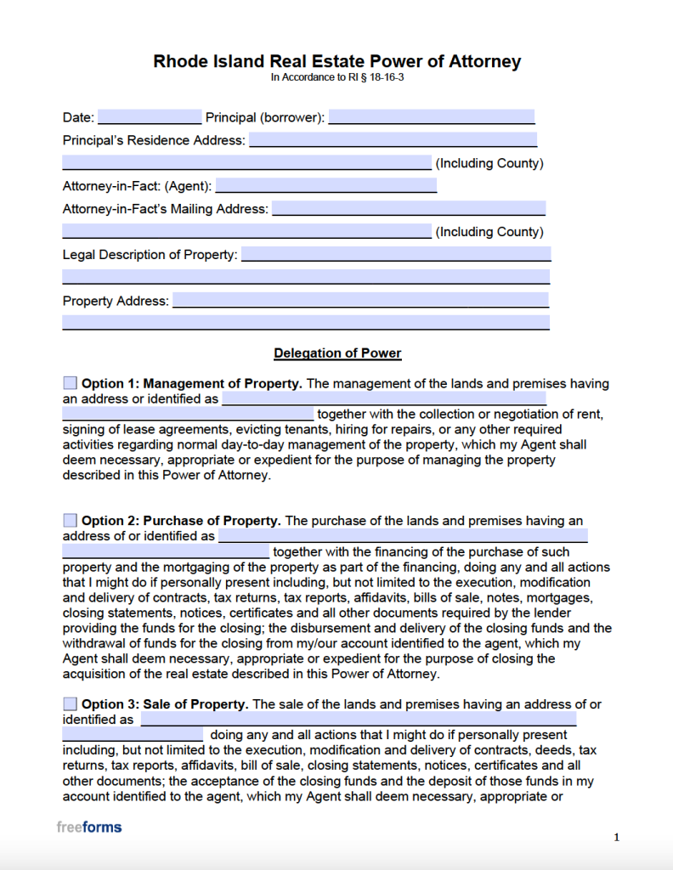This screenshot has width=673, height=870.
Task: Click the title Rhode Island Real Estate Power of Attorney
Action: pyautogui.click(x=336, y=61)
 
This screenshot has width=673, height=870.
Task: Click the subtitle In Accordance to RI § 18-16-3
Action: pyautogui.click(x=336, y=77)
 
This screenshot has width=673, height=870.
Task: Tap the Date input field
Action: pyautogui.click(x=150, y=117)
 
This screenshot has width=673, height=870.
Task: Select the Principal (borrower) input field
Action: pyautogui.click(x=432, y=117)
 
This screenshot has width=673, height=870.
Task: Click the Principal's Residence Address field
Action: pyautogui.click(x=393, y=140)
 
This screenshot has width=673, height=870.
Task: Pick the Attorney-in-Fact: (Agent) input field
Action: pyautogui.click(x=326, y=185)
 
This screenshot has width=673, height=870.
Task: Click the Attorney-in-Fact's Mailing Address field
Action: pyautogui.click(x=408, y=208)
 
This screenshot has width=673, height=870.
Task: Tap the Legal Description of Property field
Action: pyautogui.click(x=396, y=254)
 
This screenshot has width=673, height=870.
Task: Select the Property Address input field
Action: pyautogui.click(x=360, y=300)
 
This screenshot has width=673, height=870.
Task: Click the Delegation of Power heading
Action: pyautogui.click(x=337, y=353)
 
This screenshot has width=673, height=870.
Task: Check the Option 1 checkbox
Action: pyautogui.click(x=70, y=383)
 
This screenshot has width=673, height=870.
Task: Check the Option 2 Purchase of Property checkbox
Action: pyautogui.click(x=70, y=520)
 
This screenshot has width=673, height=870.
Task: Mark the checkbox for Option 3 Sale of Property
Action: pyautogui.click(x=70, y=703)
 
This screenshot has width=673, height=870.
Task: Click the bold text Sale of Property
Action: pyautogui.click(x=196, y=704)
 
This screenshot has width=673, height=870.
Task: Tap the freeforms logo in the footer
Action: pyautogui.click(x=89, y=827)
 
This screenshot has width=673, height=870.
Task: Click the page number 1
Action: pyautogui.click(x=616, y=838)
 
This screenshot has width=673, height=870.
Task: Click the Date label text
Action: pyautogui.click(x=78, y=117)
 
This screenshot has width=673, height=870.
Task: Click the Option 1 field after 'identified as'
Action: pyautogui.click(x=383, y=398)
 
